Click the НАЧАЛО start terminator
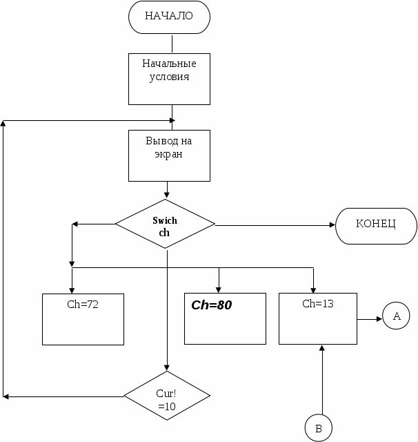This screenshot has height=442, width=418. tap(169, 17)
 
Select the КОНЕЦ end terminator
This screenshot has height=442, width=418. tap(376, 224)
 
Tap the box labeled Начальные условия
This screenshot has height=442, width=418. tap(169, 78)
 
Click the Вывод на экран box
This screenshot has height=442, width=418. tap(169, 155)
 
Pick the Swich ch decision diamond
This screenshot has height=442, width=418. tap(165, 224)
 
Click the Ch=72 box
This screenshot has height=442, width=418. tap(83, 319)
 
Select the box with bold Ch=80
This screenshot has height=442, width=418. tap(225, 318)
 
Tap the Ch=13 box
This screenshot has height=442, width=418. tap(318, 318)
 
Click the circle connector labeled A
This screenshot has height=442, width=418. tap(397, 317)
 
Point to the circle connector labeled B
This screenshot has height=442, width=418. tap(319, 428)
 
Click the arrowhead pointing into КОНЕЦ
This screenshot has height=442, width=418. tap(331, 224)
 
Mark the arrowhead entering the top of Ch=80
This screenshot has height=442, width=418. tap(219, 289)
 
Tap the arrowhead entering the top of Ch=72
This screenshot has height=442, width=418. tap(72, 289)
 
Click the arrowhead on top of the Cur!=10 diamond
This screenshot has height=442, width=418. tap(167, 367)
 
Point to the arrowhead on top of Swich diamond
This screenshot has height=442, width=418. tap(166, 195)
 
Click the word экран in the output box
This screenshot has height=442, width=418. tap(169, 155)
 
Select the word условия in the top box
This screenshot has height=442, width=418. tap(170, 77)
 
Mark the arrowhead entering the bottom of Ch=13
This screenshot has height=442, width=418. tap(322, 348)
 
